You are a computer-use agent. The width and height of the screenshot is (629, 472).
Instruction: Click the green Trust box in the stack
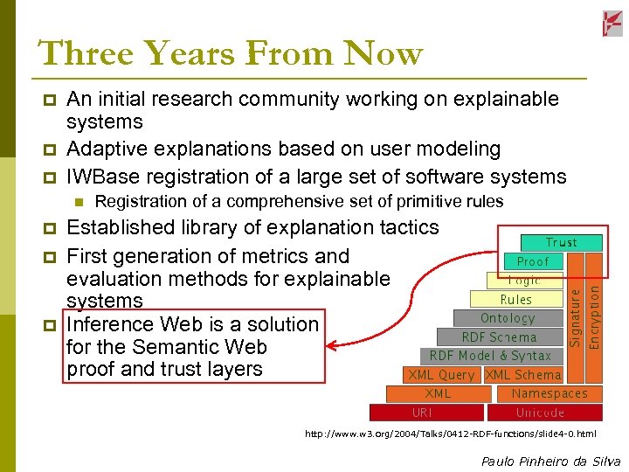pos(561,242)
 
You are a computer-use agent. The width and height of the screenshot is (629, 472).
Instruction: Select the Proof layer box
pos(533,261)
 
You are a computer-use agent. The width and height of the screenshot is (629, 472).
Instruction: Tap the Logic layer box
pos(524,281)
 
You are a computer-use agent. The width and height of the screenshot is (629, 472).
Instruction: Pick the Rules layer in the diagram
pos(515,300)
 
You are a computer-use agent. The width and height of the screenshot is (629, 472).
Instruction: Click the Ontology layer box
pos(508,318)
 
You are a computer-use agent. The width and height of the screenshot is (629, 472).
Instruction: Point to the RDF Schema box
pos(499,337)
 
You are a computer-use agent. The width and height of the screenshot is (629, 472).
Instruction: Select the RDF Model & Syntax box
pos(490,356)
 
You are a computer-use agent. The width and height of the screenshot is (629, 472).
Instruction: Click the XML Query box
pos(441,375)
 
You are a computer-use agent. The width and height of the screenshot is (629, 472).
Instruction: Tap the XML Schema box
pos(523,375)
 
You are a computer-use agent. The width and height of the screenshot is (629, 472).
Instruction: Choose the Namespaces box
pos(550,393)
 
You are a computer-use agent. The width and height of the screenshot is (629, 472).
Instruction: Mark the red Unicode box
pos(540,413)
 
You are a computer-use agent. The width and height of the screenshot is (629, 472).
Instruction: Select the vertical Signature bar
pos(575,300)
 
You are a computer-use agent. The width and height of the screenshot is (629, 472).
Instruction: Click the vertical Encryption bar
pos(594,300)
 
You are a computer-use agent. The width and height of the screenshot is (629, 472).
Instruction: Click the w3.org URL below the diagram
pos(450,434)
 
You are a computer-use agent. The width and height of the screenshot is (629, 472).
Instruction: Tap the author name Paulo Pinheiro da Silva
pos(550,461)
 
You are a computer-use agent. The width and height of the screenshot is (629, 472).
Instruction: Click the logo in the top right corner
pos(612,24)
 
